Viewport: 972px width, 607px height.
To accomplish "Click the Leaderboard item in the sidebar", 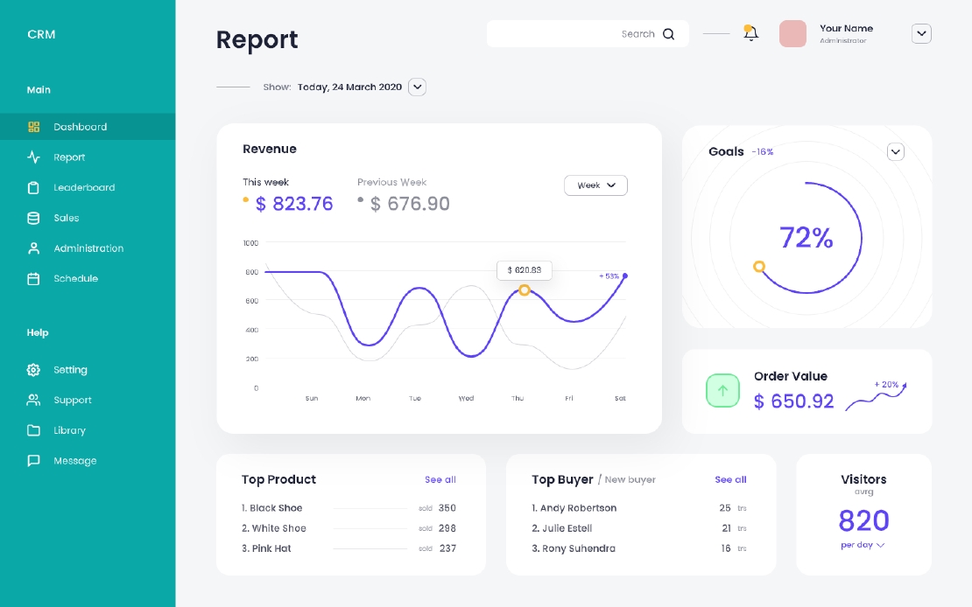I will point(84,188).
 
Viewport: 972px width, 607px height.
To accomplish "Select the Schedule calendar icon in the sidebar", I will point(33,279).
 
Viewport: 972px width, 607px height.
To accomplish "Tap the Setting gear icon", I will point(33,370).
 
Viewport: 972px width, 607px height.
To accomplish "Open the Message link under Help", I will point(74,461).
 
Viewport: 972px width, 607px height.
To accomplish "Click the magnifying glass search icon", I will point(668,34).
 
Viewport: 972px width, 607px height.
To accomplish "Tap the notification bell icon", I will point(750,33).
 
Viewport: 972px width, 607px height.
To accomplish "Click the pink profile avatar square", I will point(792,34).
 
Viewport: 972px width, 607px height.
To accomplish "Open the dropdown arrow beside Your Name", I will point(921,34).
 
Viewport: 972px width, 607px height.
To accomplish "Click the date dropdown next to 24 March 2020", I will point(418,87).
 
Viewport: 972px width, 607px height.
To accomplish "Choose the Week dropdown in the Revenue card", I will point(595,185).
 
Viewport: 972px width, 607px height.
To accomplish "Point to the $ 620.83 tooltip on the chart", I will point(524,270).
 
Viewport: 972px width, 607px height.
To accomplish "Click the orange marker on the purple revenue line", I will point(524,290).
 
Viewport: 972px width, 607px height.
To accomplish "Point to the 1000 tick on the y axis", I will point(250,243).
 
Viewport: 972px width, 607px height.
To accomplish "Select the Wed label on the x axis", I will point(466,399).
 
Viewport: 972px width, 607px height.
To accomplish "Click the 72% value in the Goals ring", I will point(806,238).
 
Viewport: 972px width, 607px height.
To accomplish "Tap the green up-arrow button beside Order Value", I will point(722,390).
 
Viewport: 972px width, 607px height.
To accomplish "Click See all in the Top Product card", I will point(440,480).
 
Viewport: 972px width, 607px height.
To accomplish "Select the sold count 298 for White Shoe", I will point(447,528).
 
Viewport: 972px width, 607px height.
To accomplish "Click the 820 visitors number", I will point(863,521).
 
